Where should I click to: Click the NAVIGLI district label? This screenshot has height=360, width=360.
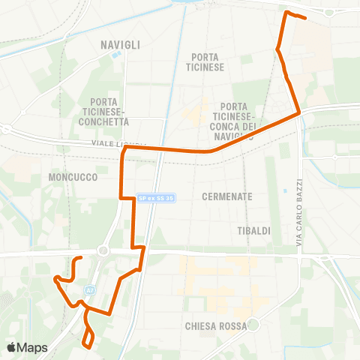click(120, 45)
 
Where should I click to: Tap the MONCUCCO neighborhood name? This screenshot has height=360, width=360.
click(69, 176)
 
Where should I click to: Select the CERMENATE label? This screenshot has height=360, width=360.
click(227, 196)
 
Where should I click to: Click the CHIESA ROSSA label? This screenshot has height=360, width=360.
click(215, 327)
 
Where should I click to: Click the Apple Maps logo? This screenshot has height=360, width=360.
click(27, 347)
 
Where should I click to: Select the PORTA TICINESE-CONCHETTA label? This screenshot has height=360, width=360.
click(109, 111)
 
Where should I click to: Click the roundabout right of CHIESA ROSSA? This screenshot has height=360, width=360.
click(253, 325)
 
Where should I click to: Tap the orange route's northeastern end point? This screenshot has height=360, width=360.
click(306, 18)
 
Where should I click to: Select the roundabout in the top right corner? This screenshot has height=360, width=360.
click(330, 11)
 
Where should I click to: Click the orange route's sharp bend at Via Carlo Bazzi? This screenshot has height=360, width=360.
click(299, 113)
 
